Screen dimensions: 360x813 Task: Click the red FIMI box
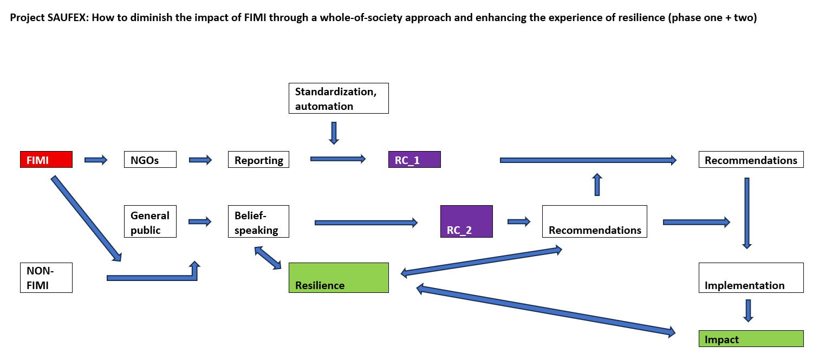click(46, 160)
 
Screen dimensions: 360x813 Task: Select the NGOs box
click(150, 160)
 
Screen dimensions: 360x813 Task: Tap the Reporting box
click(258, 160)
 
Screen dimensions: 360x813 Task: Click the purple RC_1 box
click(414, 160)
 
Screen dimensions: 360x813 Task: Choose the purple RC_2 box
click(466, 221)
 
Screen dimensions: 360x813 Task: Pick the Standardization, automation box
click(339, 98)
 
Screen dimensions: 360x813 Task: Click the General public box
click(150, 221)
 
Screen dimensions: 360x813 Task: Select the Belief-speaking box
click(258, 221)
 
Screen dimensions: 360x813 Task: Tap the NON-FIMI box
click(46, 278)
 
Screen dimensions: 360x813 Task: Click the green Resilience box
click(339, 278)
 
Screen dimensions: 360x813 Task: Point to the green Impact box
click(751, 338)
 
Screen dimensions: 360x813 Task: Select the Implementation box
click(751, 278)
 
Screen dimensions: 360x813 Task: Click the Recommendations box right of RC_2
click(595, 221)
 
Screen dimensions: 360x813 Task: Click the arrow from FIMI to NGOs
click(96, 160)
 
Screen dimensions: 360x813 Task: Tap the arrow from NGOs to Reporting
click(200, 160)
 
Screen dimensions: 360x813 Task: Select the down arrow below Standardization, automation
click(334, 133)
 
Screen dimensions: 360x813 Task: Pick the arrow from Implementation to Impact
click(748, 311)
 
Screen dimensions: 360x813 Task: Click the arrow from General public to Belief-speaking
click(200, 221)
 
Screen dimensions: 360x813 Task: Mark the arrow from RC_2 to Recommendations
click(519, 221)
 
